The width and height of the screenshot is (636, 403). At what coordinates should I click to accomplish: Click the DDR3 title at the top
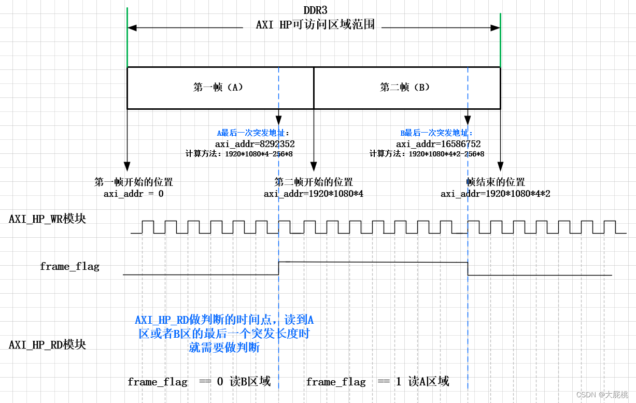point(315,10)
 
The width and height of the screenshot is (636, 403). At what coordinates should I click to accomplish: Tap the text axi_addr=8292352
point(255,144)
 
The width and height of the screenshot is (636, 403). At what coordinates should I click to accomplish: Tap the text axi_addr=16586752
point(439,144)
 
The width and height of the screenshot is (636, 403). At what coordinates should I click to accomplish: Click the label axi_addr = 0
point(134,194)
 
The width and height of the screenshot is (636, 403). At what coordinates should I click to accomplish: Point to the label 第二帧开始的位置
point(314,182)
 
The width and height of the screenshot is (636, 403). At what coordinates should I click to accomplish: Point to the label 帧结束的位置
point(496,182)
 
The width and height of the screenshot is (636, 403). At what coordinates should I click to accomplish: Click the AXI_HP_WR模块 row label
point(47,219)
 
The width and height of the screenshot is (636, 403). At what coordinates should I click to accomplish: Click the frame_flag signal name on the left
point(69,267)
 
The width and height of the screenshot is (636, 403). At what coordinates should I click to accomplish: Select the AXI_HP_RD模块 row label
point(47,344)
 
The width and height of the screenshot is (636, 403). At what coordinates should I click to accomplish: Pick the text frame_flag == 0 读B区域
point(199,382)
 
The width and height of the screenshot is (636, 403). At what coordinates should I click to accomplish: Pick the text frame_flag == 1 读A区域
point(377,382)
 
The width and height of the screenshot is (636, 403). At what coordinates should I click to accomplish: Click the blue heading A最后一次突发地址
point(253,133)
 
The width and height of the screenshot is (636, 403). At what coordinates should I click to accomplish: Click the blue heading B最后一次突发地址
point(436,133)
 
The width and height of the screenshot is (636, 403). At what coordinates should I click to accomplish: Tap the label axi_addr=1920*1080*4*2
point(496,194)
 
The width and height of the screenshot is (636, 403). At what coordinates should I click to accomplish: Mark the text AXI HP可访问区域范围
point(315,25)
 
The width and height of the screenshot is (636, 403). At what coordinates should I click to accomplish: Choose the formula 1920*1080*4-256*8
point(259,154)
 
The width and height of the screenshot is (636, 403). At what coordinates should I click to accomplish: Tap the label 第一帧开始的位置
point(134,182)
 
